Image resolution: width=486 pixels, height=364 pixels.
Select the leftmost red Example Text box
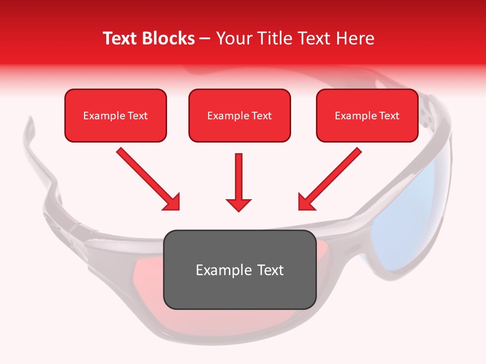coord(115,115)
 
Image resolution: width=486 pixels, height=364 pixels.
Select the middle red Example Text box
coord(239,115)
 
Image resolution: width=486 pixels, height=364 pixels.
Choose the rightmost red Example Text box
coord(367,115)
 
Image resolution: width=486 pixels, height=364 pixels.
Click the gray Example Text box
coord(239,269)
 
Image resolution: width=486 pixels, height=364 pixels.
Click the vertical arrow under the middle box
coord(239,177)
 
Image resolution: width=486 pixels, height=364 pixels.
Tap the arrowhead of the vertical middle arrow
coord(239,205)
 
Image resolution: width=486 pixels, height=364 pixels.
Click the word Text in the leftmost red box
coord(137,115)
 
